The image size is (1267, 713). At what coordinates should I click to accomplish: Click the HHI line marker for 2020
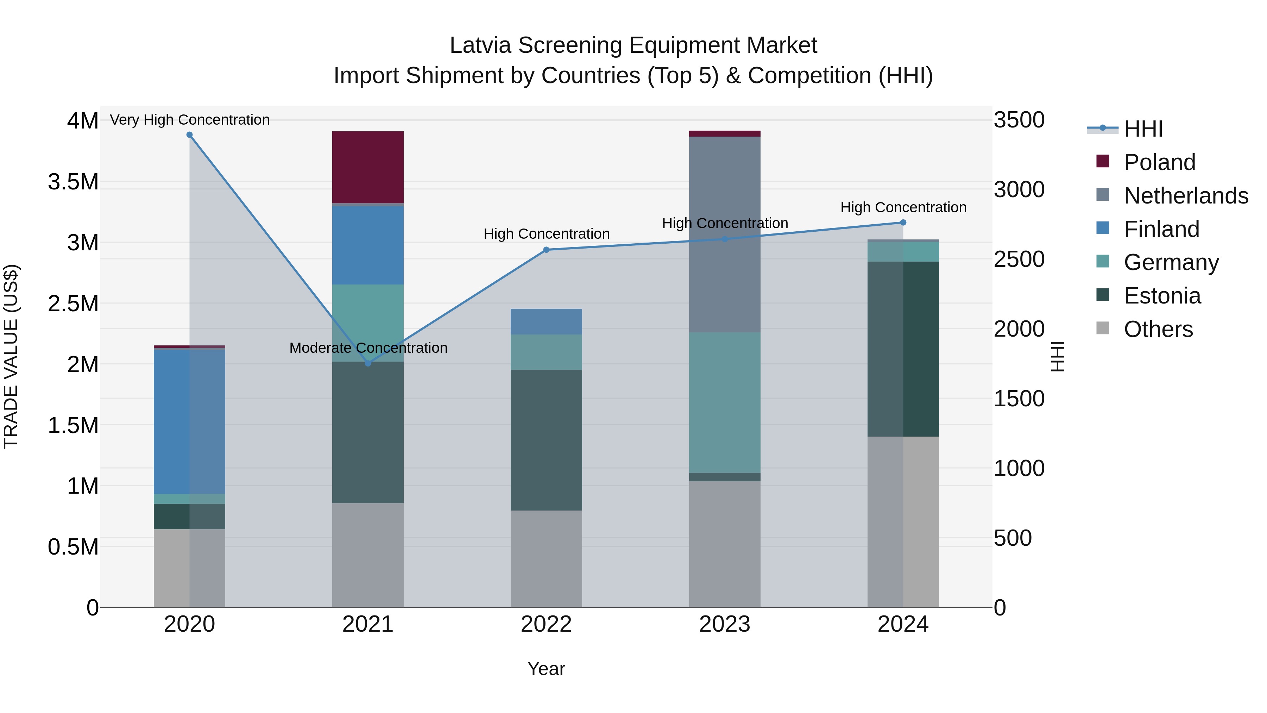tap(189, 135)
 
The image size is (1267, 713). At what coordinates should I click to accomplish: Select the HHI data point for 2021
tap(368, 363)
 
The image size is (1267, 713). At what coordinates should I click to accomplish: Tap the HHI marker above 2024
tap(903, 223)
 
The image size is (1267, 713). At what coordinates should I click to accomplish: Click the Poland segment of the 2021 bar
tap(368, 167)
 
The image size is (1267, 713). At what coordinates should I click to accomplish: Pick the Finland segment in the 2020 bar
tap(189, 421)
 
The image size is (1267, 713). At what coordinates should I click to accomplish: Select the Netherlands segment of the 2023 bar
tap(725, 234)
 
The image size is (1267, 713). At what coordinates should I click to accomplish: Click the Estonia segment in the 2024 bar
tap(903, 349)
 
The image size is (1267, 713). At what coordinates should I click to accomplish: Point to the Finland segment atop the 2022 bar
tap(546, 322)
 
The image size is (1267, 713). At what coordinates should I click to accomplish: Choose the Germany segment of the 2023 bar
tap(725, 402)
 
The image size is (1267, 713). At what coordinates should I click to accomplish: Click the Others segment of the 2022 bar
tap(546, 558)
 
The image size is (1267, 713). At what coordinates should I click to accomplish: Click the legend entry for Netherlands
tap(1185, 195)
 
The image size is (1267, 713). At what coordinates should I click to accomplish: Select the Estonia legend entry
tap(1162, 296)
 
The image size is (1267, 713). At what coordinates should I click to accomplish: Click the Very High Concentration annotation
tap(189, 120)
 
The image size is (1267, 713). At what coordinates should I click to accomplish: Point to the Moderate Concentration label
tap(368, 348)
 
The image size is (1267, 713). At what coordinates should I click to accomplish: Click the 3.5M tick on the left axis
tap(73, 182)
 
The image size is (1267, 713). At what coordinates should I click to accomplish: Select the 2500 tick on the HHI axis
tap(1019, 259)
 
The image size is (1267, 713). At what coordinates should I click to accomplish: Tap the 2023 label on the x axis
tap(725, 624)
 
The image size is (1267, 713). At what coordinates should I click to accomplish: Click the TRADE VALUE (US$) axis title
tap(11, 356)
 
